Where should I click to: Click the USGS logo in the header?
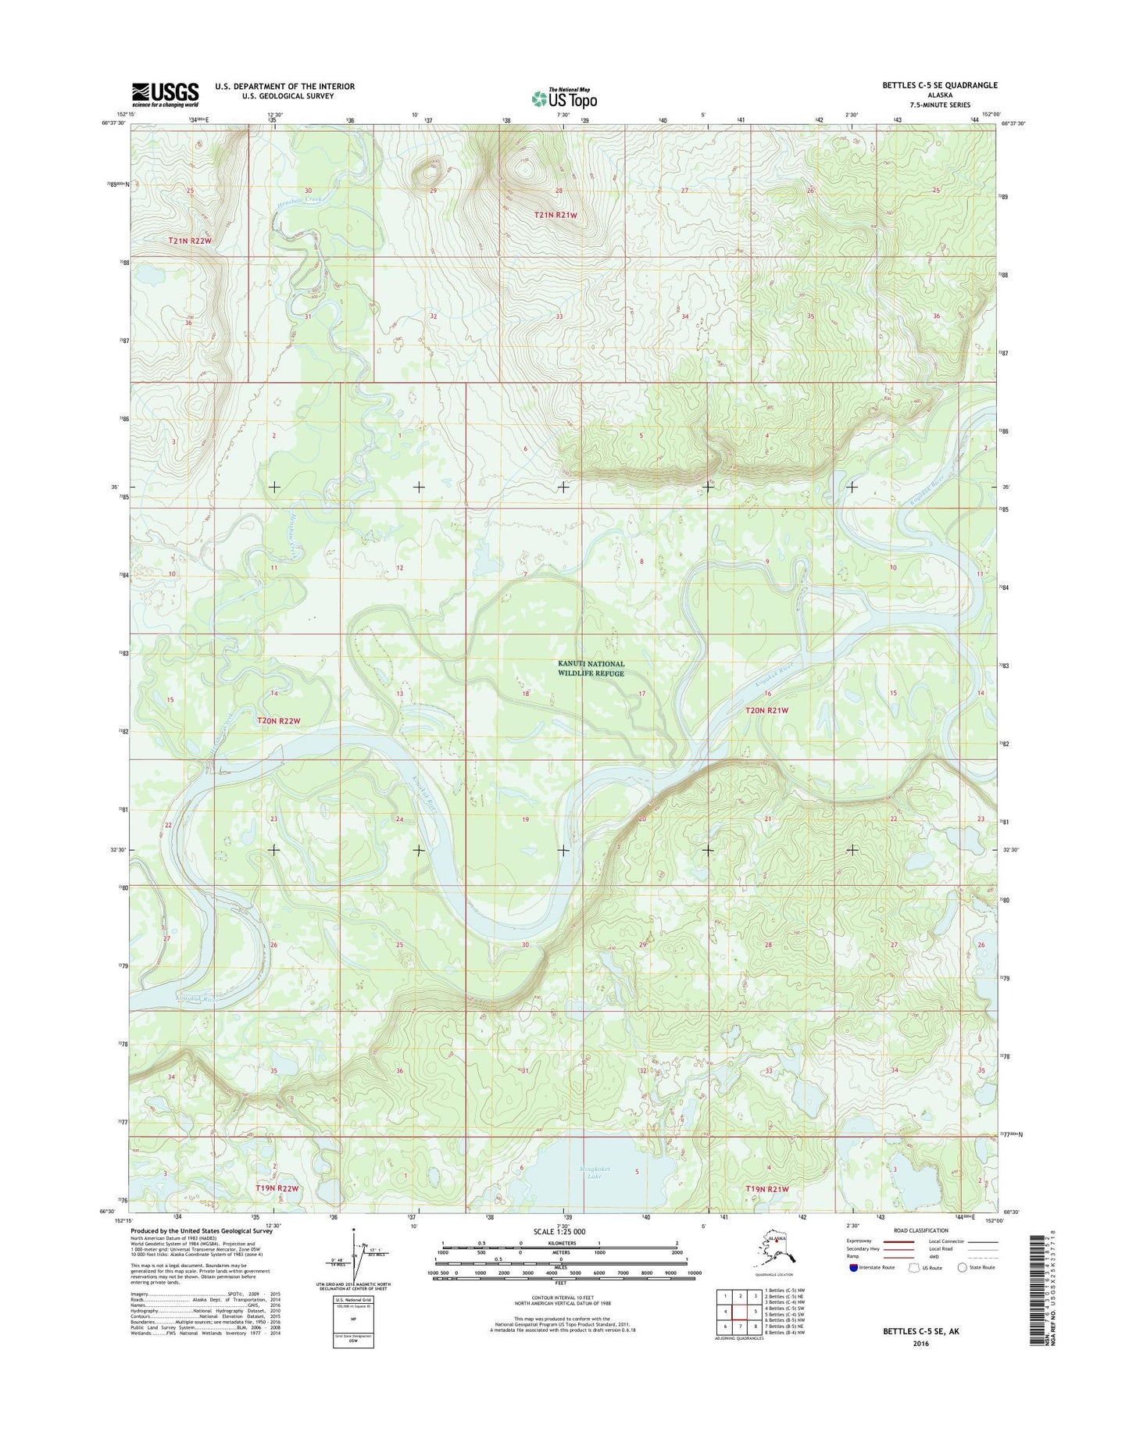165,95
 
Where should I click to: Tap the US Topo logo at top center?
564,98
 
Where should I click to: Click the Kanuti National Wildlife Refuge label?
591,669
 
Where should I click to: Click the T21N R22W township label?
190,241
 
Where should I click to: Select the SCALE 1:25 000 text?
559,1232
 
